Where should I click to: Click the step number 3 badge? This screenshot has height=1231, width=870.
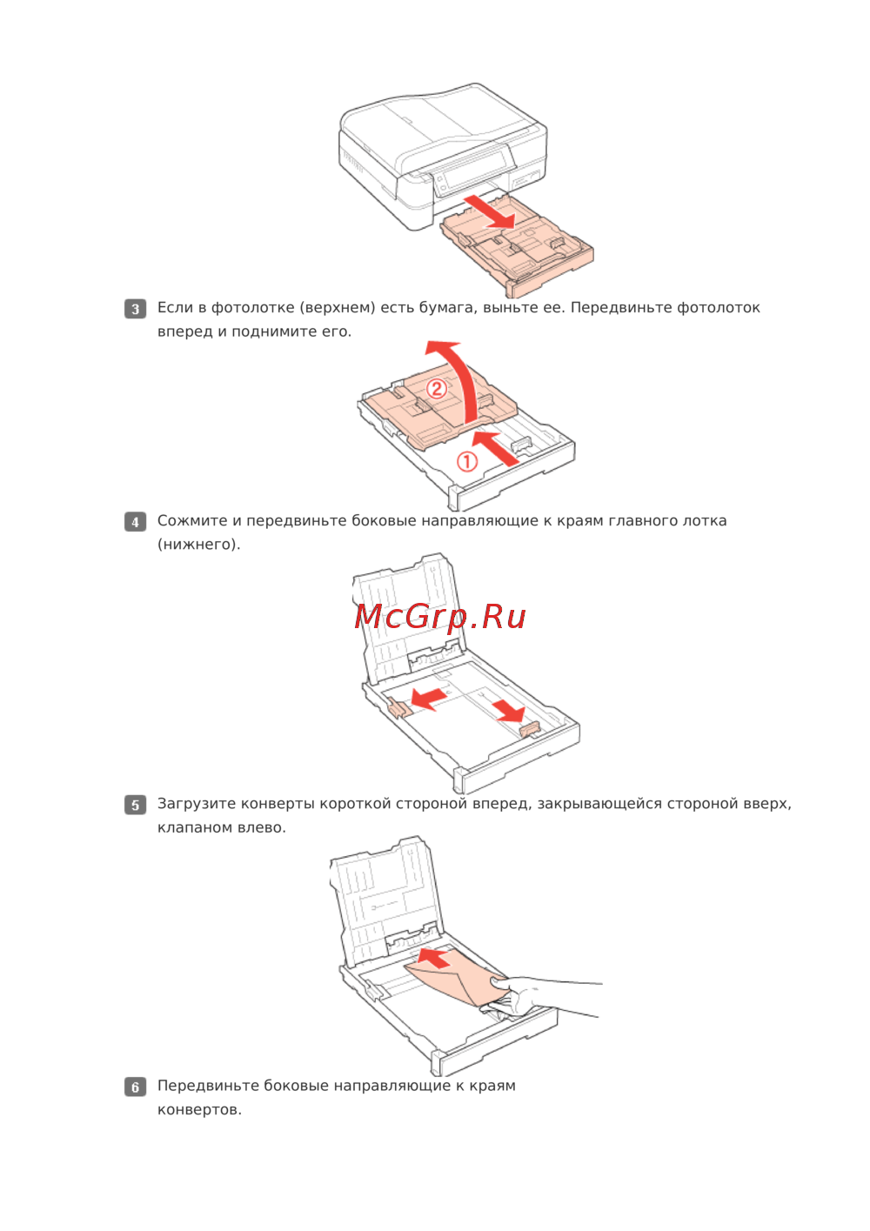click(135, 309)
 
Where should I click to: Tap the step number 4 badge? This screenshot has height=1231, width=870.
click(135, 521)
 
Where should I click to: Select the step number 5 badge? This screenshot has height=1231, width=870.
click(135, 805)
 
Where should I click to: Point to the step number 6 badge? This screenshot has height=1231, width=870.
click(135, 1087)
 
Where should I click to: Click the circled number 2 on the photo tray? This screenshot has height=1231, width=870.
click(437, 390)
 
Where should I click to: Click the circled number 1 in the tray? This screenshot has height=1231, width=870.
click(467, 462)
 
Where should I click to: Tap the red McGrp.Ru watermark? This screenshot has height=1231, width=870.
click(440, 617)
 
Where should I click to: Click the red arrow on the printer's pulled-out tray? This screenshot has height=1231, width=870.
click(489, 211)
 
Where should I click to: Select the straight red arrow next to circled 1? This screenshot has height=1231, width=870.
click(496, 448)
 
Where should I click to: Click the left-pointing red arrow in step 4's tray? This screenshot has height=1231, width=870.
click(429, 699)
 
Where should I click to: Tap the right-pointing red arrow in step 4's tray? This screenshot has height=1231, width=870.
click(508, 710)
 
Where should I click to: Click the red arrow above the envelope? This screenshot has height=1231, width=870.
click(437, 959)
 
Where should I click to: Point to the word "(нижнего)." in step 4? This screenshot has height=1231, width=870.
click(199, 545)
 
